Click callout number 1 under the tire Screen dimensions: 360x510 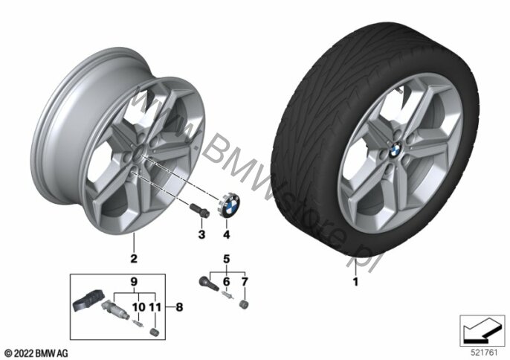[355, 283]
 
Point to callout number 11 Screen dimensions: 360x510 [154, 305]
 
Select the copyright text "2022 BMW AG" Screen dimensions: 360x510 [35, 351]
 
